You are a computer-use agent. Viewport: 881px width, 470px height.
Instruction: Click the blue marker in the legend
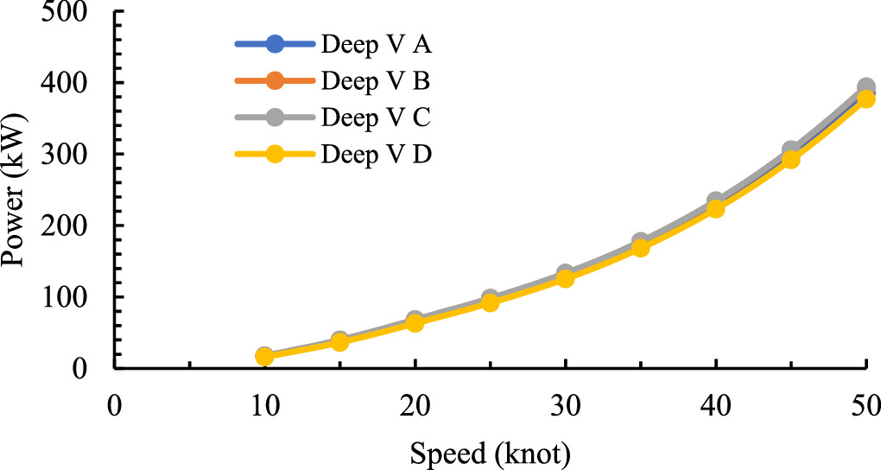[x=275, y=44]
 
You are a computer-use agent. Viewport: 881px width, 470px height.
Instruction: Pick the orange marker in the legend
[x=275, y=81]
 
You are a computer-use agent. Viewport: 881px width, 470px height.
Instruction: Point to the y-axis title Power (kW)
[x=18, y=189]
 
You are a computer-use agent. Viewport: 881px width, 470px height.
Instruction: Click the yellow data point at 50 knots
[x=865, y=98]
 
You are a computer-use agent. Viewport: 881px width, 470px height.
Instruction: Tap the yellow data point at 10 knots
[x=264, y=357]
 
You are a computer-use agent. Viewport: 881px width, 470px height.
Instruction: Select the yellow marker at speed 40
[x=715, y=208]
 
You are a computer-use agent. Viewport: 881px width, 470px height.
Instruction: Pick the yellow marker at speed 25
[x=490, y=302]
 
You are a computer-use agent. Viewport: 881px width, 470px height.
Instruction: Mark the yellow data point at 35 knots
[x=640, y=248]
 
